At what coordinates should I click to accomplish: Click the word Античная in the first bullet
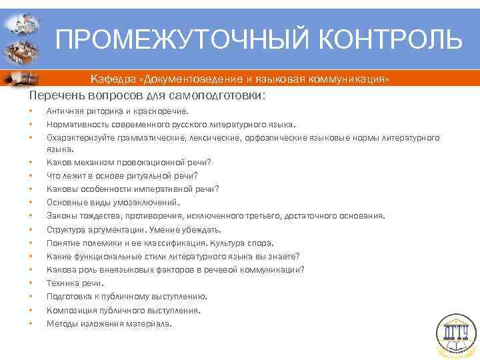pyautogui.click(x=63, y=111)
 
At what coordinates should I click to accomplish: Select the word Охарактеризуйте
pyautogui.click(x=79, y=137)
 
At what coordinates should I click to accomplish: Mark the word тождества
pyautogui.click(x=97, y=215)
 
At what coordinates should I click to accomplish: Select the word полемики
pyautogui.click(x=99, y=243)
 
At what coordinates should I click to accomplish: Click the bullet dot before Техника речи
pyautogui.click(x=31, y=283)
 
